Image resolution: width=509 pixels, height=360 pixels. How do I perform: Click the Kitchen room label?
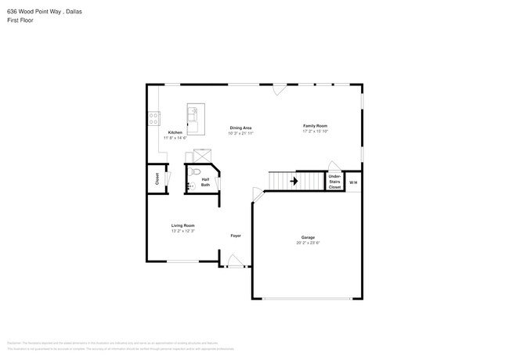point(175,132)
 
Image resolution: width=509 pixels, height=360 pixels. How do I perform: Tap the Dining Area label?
point(240,128)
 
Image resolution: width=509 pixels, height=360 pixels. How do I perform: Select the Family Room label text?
point(316,125)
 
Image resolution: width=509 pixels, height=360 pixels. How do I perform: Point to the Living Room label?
point(182,225)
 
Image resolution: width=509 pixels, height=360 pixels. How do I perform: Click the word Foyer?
point(235,236)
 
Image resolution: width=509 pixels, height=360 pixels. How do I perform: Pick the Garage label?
point(308,237)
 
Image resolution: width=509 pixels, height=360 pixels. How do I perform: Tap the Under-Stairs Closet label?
point(334,182)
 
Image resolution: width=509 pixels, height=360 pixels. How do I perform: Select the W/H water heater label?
point(353,182)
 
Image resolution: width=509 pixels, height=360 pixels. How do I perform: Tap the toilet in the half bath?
point(196,171)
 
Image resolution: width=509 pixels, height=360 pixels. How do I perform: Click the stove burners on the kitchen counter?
point(152,120)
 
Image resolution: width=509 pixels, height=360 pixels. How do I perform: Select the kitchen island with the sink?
point(194,119)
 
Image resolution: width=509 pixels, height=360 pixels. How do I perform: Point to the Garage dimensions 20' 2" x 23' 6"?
point(308,243)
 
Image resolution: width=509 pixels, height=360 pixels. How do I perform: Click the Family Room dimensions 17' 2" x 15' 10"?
point(316,131)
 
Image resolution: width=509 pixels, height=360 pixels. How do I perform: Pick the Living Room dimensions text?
point(182,231)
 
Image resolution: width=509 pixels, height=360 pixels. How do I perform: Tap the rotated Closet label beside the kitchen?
point(157,178)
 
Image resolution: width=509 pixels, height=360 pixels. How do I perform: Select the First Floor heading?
point(20,20)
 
